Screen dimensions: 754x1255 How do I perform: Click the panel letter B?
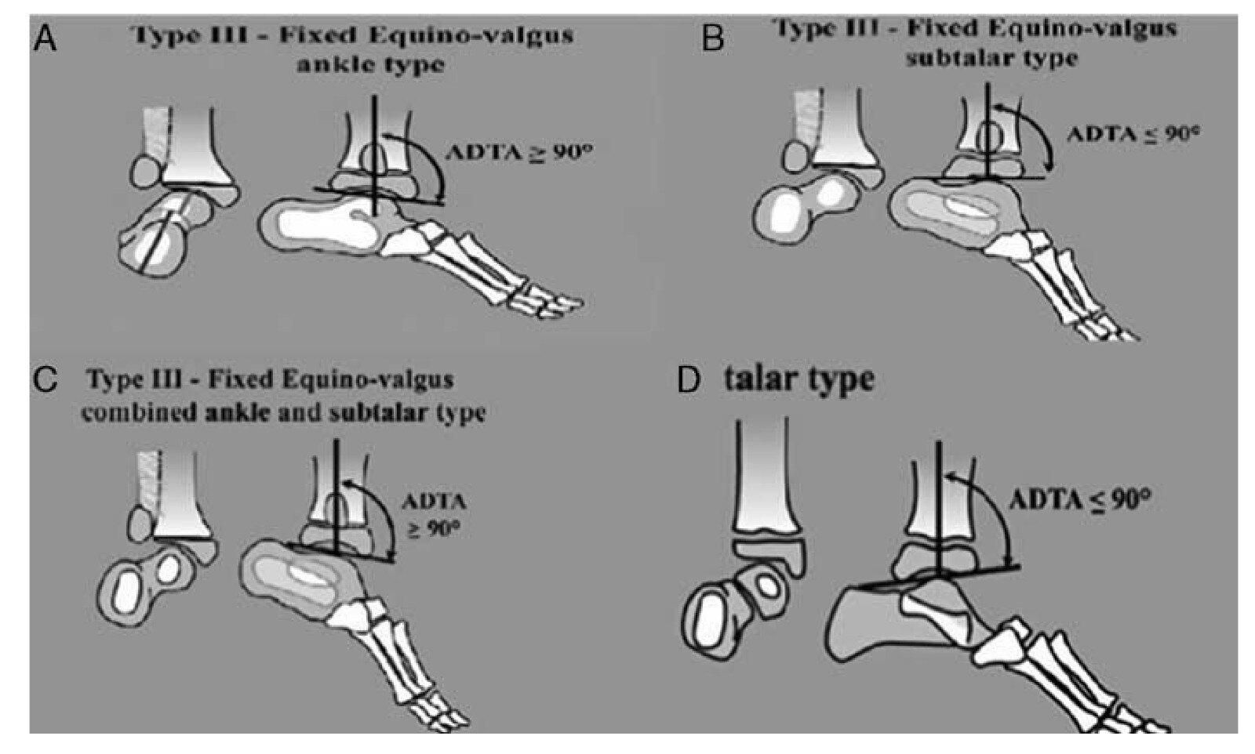point(711,38)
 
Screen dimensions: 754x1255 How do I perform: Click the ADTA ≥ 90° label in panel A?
point(517,152)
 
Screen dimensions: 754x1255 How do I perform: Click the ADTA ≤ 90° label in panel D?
point(1079,499)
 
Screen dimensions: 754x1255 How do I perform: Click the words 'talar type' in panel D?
point(798,379)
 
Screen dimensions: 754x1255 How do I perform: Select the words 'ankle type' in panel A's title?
point(369,64)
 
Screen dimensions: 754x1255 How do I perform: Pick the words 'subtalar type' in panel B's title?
point(991,58)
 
